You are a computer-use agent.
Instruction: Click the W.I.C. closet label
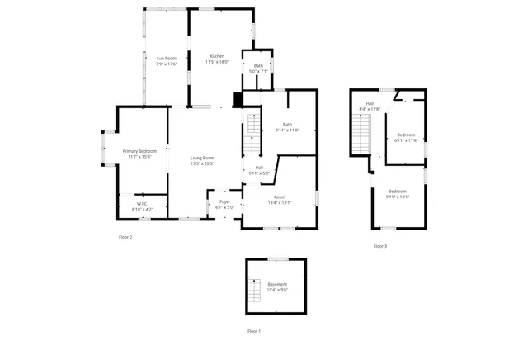tap(142, 205)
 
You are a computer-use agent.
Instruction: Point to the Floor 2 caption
tap(125, 237)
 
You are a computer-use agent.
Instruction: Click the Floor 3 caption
tap(379, 246)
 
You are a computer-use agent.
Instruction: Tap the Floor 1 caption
tap(254, 331)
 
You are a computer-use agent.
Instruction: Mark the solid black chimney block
tap(238, 101)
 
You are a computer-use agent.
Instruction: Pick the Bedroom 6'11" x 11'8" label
tap(406, 137)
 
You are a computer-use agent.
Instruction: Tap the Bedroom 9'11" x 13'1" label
tap(398, 193)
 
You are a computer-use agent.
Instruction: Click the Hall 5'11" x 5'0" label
tap(259, 170)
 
